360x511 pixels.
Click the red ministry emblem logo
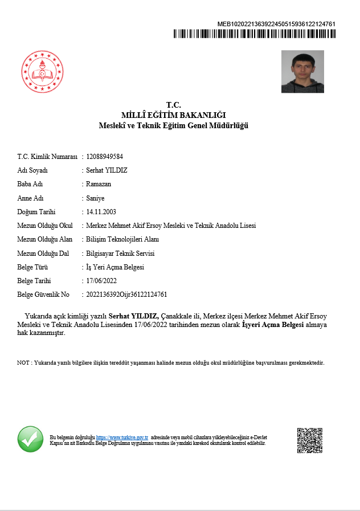[42, 72]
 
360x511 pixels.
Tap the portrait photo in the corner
[302, 72]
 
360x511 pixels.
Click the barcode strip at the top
[254, 34]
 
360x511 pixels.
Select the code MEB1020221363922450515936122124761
[276, 24]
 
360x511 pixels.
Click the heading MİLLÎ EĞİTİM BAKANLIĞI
[174, 115]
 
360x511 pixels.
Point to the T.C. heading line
[174, 105]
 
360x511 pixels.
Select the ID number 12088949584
[104, 156]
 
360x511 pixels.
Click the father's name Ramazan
[99, 184]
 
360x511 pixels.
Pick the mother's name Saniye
[95, 198]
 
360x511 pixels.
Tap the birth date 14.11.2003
[101, 211]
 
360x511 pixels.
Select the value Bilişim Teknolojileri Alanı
[122, 239]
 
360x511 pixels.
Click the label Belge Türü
[32, 267]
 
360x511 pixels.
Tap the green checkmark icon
[30, 439]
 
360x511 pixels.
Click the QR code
[310, 440]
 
